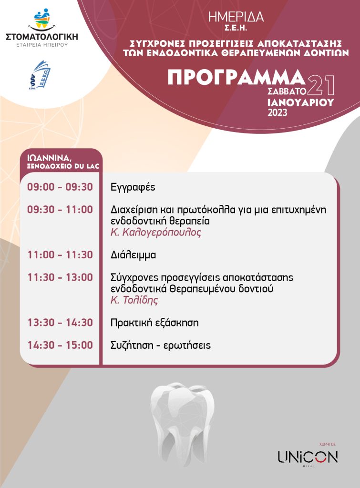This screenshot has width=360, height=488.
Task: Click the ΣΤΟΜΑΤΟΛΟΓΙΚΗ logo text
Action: [42, 36]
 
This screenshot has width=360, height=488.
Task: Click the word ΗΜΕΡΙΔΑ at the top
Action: [236, 17]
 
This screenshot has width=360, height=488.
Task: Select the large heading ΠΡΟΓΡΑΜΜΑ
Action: [236, 77]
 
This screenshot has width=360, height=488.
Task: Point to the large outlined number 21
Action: [321, 85]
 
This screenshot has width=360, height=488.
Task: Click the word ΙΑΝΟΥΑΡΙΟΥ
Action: [300, 102]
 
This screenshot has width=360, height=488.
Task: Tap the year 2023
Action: [278, 112]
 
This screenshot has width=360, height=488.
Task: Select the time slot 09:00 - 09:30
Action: [60, 187]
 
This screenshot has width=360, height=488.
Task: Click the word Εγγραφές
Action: [133, 187]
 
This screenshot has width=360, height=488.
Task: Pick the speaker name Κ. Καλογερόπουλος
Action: [156, 233]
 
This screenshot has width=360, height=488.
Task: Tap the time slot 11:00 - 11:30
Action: [60, 254]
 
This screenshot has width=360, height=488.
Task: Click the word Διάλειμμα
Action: [133, 255]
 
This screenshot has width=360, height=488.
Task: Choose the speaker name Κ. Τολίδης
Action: [134, 300]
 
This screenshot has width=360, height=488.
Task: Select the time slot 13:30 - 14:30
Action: [60, 323]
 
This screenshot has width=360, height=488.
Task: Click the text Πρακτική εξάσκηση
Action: [154, 323]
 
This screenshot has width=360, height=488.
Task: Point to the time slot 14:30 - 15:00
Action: [60, 345]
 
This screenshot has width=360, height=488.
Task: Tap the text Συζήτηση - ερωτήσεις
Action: [160, 346]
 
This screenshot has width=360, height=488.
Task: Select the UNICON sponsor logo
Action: [308, 457]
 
